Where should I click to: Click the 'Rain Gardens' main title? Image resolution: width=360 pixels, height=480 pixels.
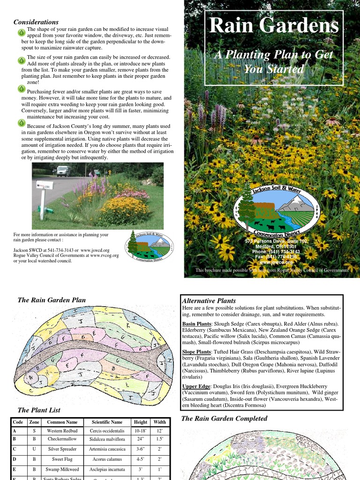click(274, 26)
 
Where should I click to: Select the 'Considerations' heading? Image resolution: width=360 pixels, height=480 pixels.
click(36, 22)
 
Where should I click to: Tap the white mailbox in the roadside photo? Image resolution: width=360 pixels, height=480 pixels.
click(45, 185)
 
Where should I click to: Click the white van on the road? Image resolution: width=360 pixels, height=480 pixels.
click(63, 171)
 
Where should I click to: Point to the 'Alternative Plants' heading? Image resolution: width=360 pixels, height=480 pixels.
click(209, 300)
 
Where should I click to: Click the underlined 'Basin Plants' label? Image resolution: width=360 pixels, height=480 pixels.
click(196, 324)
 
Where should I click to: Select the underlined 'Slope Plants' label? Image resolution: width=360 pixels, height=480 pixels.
click(196, 352)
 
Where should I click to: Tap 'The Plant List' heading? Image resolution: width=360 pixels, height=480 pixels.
click(39, 410)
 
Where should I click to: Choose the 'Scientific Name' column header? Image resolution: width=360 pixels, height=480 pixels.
click(107, 422)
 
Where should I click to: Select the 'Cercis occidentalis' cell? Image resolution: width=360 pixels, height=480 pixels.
click(107, 431)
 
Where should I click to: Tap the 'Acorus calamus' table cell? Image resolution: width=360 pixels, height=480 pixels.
click(107, 459)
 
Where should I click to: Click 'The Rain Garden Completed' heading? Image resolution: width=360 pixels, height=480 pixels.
click(224, 418)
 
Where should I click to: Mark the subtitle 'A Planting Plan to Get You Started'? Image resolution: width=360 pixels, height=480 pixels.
click(274, 62)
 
